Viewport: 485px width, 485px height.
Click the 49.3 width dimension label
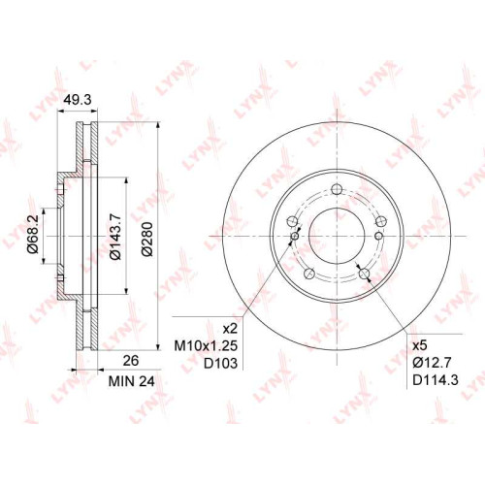[78, 100]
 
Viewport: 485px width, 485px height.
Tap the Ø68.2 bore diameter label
[33, 235]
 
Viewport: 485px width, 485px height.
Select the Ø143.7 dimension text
[115, 236]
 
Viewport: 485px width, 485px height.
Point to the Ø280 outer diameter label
[147, 239]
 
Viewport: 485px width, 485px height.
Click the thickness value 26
[131, 361]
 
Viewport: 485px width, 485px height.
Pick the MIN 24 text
[132, 381]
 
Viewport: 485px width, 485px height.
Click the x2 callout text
[231, 329]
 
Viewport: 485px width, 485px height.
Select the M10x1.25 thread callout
[207, 346]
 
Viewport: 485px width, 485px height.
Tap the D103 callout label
[221, 364]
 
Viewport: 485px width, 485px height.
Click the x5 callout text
[420, 345]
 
